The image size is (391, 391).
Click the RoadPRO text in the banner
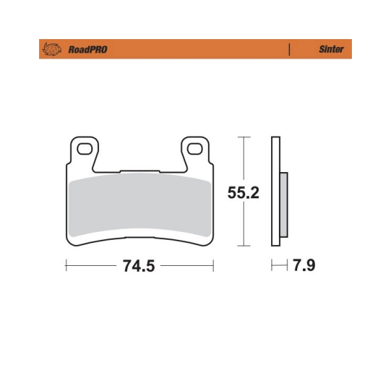pos(88,50)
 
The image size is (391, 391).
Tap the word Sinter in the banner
pos(331,49)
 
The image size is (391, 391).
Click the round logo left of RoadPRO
pos(52,49)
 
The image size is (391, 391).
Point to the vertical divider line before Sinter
pos(289,50)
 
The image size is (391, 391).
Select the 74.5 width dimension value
pos(139,266)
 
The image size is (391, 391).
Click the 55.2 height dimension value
pos(243,192)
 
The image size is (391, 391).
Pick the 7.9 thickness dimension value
pos(304,265)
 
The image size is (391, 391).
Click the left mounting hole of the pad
pos(85,149)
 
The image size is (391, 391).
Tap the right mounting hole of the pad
pos(194,149)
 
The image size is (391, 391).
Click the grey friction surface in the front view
pos(140,205)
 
